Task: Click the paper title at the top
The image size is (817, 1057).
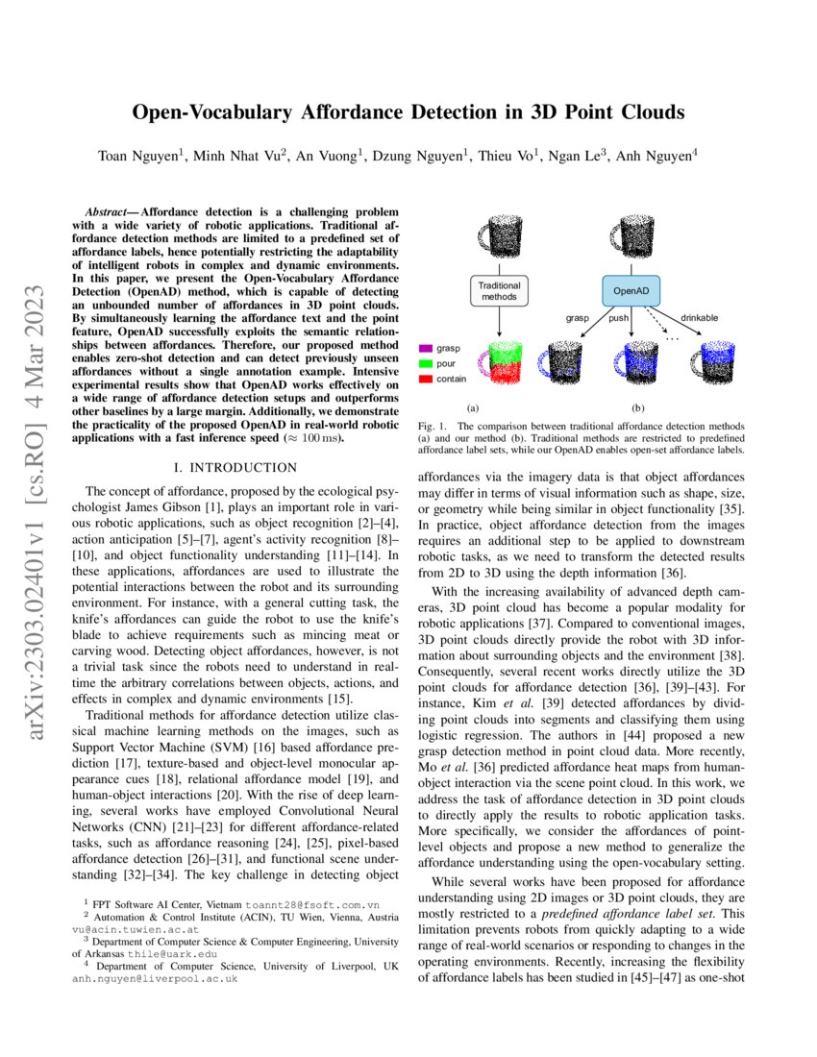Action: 408,112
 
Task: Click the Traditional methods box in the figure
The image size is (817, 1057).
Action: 500,291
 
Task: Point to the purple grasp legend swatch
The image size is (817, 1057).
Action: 427,348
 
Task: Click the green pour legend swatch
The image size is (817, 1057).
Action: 427,364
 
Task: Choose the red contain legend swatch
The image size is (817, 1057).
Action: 427,380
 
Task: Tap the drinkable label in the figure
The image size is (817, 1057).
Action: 699,317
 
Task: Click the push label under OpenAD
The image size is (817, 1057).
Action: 618,317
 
